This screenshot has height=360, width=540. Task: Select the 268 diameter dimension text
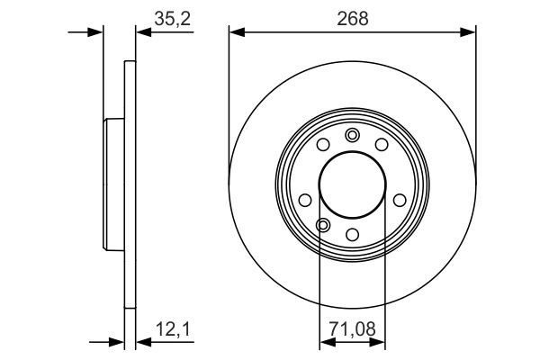pos(352,16)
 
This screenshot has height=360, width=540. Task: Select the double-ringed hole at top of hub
pos(352,136)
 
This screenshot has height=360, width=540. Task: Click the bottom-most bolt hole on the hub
pos(352,236)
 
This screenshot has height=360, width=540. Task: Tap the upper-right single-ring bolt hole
pos(381,144)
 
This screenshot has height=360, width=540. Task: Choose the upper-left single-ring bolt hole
pos(323,144)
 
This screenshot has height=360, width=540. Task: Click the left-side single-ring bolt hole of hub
pos(305,200)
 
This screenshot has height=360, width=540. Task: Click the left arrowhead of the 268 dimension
pos(236,32)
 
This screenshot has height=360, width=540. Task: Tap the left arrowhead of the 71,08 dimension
pos(325,341)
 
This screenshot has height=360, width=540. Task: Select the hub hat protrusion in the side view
pos(113,186)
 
